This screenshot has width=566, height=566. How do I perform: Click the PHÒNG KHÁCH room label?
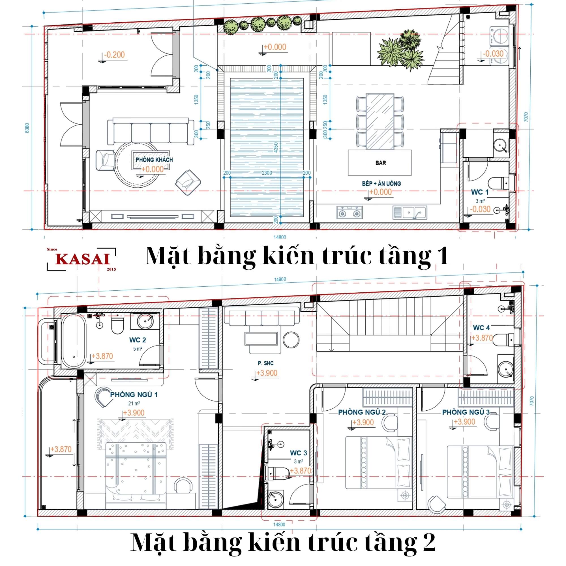(154, 160)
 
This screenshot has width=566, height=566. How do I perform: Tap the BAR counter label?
(381, 163)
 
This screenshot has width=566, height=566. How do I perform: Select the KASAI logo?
(82, 259)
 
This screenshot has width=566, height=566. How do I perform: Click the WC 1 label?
(480, 192)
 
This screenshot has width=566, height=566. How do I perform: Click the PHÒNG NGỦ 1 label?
(134, 395)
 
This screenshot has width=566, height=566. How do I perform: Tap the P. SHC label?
(265, 363)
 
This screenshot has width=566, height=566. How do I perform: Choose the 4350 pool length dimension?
(276, 147)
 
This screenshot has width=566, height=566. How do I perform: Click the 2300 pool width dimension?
(267, 173)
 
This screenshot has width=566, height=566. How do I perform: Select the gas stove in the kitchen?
(349, 212)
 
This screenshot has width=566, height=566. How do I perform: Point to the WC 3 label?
(298, 453)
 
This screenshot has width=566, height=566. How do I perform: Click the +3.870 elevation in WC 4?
(482, 338)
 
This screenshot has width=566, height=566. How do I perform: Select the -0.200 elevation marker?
(114, 55)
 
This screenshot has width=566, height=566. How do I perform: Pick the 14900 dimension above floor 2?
(280, 280)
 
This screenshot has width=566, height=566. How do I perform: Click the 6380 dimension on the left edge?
(27, 128)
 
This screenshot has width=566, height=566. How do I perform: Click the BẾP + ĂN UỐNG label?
(381, 184)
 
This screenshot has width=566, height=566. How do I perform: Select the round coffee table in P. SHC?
(291, 340)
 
